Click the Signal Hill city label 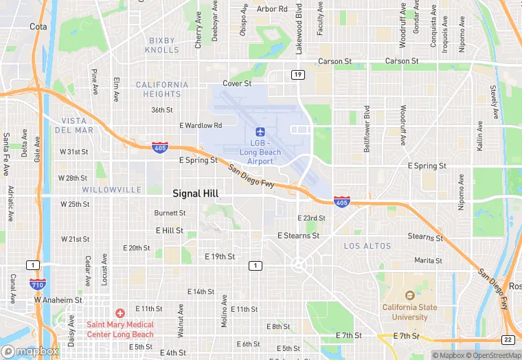[x=195, y=194]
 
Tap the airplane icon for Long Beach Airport [x=260, y=131]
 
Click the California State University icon [x=405, y=295]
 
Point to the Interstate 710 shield [x=37, y=284]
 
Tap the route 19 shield [x=297, y=74]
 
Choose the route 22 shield [x=508, y=340]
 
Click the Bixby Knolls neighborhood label [x=163, y=45]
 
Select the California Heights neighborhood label [x=162, y=89]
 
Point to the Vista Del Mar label [x=73, y=125]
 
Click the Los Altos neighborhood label [x=367, y=246]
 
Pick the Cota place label [x=38, y=27]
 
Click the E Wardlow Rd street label [x=201, y=126]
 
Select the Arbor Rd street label [x=272, y=9]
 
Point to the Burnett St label [x=170, y=213]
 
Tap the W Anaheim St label [x=58, y=300]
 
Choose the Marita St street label [x=428, y=260]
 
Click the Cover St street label [x=237, y=83]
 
